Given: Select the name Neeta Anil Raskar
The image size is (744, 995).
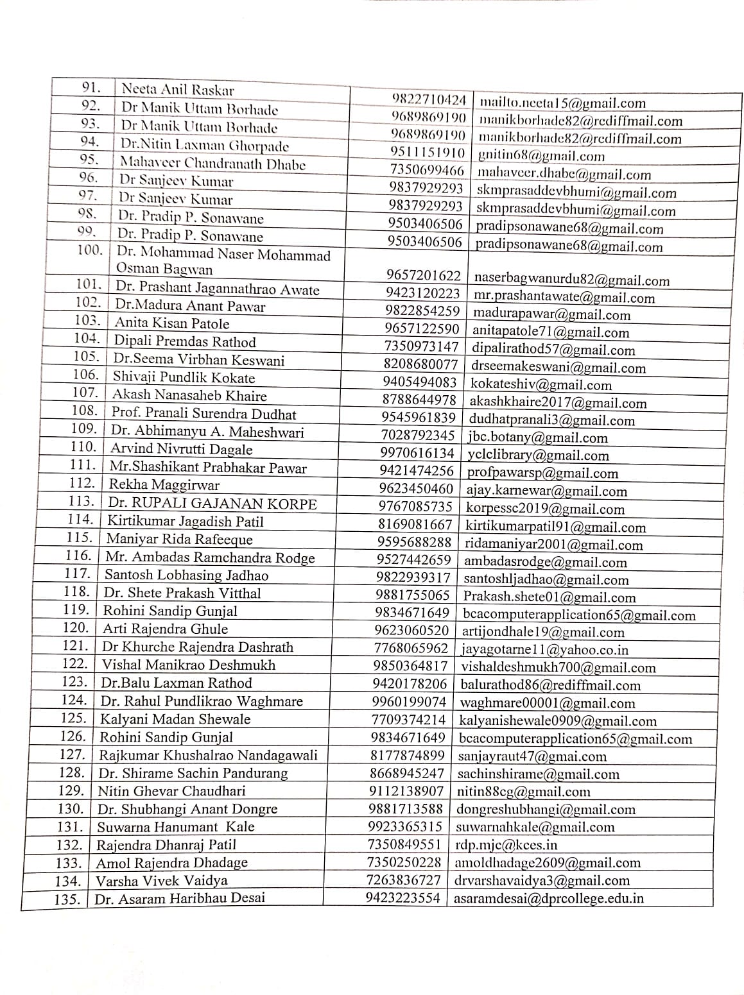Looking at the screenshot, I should pyautogui.click(x=178, y=90).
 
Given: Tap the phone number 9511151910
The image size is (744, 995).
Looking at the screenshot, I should pyautogui.click(x=428, y=153).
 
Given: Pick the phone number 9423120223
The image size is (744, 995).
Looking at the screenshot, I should pyautogui.click(x=423, y=293).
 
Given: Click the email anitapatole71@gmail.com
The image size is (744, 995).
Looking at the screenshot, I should pyautogui.click(x=551, y=332).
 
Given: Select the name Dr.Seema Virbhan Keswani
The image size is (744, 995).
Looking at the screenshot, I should pyautogui.click(x=199, y=360).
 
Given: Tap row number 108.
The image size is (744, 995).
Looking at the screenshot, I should pyautogui.click(x=84, y=411).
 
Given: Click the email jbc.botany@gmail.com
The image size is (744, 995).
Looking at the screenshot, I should pyautogui.click(x=538, y=438).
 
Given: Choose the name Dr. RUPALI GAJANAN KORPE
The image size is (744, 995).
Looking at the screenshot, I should pyautogui.click(x=212, y=504).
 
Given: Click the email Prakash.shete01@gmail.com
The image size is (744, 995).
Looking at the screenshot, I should pyautogui.click(x=549, y=597).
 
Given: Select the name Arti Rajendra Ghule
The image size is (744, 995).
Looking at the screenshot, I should pyautogui.click(x=166, y=629).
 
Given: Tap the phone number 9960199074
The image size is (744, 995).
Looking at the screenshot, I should pyautogui.click(x=409, y=702).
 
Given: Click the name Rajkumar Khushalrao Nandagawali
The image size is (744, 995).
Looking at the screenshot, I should pyautogui.click(x=208, y=755).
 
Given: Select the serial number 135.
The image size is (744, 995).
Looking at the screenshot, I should pyautogui.click(x=67, y=899).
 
